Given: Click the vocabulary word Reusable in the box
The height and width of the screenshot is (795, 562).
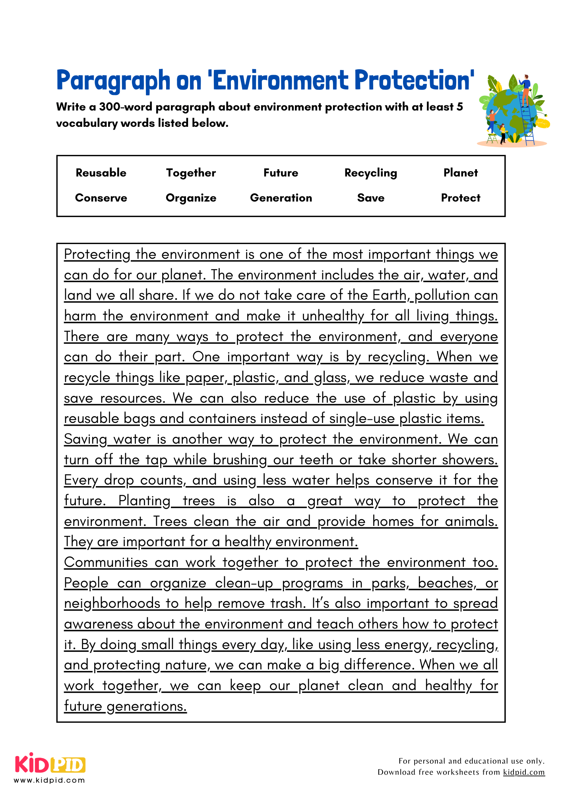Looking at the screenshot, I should click(x=101, y=173).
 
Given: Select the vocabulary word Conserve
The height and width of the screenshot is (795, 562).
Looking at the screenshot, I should click(x=101, y=198).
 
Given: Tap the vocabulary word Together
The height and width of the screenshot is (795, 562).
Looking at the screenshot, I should click(x=191, y=173).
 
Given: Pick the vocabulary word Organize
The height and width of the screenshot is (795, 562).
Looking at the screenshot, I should click(x=191, y=198).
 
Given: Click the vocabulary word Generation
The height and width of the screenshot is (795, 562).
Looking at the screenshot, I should click(x=281, y=198).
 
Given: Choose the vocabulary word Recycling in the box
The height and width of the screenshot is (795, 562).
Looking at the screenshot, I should click(x=370, y=173).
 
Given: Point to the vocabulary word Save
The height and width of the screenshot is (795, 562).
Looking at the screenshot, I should click(x=370, y=198).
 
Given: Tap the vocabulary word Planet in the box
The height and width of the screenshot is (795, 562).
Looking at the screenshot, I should click(x=461, y=173).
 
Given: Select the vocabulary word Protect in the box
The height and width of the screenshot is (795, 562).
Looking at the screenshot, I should click(x=461, y=198).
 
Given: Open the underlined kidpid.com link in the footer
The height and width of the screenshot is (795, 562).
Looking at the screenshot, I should click(x=523, y=772).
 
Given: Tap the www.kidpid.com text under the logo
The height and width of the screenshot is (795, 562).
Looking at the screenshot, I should click(x=49, y=780).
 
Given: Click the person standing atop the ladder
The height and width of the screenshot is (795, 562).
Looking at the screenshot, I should click(x=525, y=89).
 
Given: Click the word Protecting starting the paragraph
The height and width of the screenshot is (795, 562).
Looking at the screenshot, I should click(x=97, y=254).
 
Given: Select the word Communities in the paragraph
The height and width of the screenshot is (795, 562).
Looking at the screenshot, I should click(x=106, y=562).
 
